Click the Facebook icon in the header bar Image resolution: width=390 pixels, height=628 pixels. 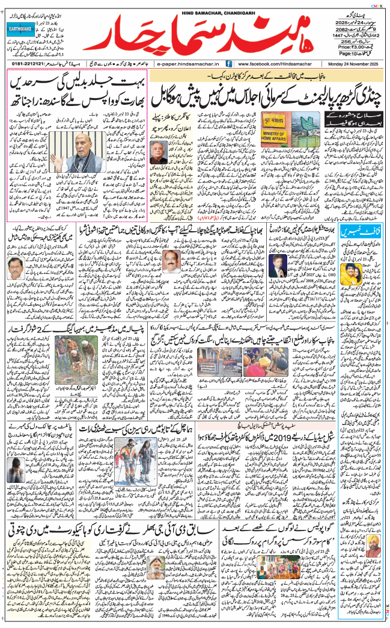[229, 63]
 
